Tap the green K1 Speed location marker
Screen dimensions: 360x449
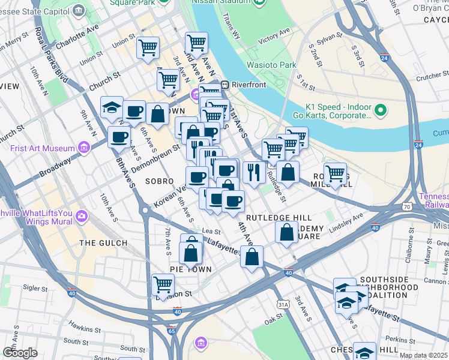click(x=379, y=110)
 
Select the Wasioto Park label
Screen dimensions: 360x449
click(x=271, y=65)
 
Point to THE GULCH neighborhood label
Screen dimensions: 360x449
click(x=103, y=243)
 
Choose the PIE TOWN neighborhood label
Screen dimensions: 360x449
click(x=190, y=269)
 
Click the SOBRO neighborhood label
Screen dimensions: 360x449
click(x=159, y=181)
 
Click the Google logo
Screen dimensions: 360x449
click(x=20, y=352)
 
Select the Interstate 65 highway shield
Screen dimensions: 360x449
click(x=172, y=330)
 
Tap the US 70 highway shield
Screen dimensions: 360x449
click(x=406, y=206)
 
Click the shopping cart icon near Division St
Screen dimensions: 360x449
click(x=163, y=284)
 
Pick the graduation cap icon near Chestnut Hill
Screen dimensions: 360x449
click(x=365, y=352)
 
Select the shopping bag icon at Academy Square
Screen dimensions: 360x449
click(x=287, y=232)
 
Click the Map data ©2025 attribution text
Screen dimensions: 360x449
click(x=423, y=355)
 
